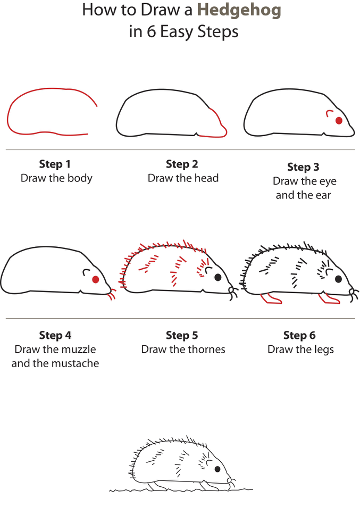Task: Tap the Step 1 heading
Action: tap(55, 164)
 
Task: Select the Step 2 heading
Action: tap(182, 164)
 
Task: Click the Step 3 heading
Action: tap(303, 167)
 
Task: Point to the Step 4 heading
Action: tap(55, 335)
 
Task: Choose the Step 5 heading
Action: tap(182, 335)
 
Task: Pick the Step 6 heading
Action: tap(299, 335)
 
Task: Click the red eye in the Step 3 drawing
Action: tap(339, 121)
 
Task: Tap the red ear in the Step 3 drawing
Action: tap(329, 113)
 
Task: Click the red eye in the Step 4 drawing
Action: tap(96, 279)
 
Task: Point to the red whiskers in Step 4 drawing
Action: tap(111, 295)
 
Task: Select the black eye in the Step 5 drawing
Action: tap(217, 277)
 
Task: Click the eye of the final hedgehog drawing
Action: tap(217, 469)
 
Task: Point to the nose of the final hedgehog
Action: tap(231, 480)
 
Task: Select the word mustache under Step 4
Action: tap(76, 364)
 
